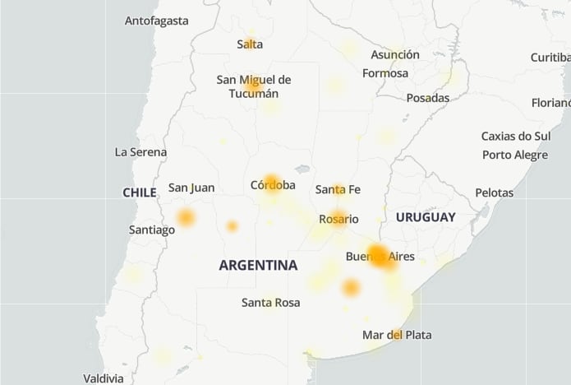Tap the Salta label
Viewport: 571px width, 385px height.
[x=250, y=44]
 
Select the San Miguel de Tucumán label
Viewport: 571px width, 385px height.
[x=254, y=86]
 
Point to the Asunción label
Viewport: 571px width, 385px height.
[x=395, y=55]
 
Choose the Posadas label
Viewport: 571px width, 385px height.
[x=428, y=98]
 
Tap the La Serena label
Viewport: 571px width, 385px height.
[x=141, y=152]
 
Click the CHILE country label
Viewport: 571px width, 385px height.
[x=140, y=192]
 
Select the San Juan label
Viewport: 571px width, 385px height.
[x=191, y=188]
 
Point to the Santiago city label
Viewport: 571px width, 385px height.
[x=152, y=230]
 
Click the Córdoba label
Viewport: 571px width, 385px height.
[x=273, y=185]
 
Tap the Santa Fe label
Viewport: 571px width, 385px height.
[x=338, y=190]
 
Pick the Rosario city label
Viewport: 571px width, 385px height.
[x=339, y=219]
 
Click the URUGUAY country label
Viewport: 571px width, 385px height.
[x=426, y=217]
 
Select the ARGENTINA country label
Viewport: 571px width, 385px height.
[x=258, y=266]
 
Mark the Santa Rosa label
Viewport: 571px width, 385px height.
[x=271, y=303]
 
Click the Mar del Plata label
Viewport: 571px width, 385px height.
[x=397, y=335]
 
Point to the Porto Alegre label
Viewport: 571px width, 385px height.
[x=515, y=155]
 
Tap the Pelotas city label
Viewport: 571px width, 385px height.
[x=494, y=192]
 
